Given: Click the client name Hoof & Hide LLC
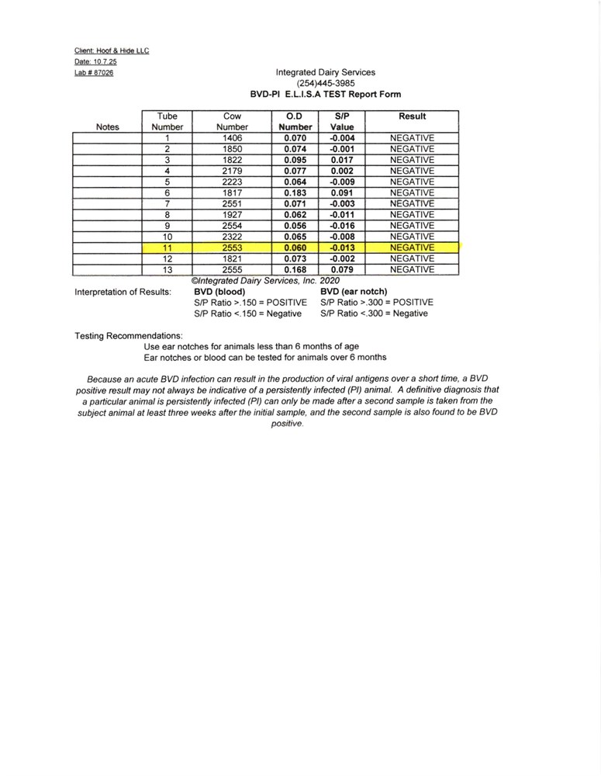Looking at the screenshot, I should (112, 51).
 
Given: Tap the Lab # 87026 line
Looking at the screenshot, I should (94, 73).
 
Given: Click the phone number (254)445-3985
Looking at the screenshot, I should (326, 83).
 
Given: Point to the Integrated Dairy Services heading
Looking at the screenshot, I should (326, 72).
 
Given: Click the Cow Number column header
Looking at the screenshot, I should (232, 121).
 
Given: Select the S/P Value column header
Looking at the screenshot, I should (341, 121).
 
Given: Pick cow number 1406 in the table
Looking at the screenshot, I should (232, 138).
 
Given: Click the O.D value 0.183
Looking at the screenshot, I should (295, 192).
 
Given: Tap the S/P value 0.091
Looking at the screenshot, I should (341, 192).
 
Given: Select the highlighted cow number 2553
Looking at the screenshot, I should (232, 247).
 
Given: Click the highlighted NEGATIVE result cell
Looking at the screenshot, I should (412, 247).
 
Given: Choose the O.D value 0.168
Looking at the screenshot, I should (295, 269).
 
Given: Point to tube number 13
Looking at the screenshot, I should (167, 269).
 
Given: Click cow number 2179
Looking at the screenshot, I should (232, 171).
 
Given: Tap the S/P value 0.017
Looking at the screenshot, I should (341, 160).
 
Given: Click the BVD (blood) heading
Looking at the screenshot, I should (219, 292).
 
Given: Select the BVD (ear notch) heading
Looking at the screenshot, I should (354, 292).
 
